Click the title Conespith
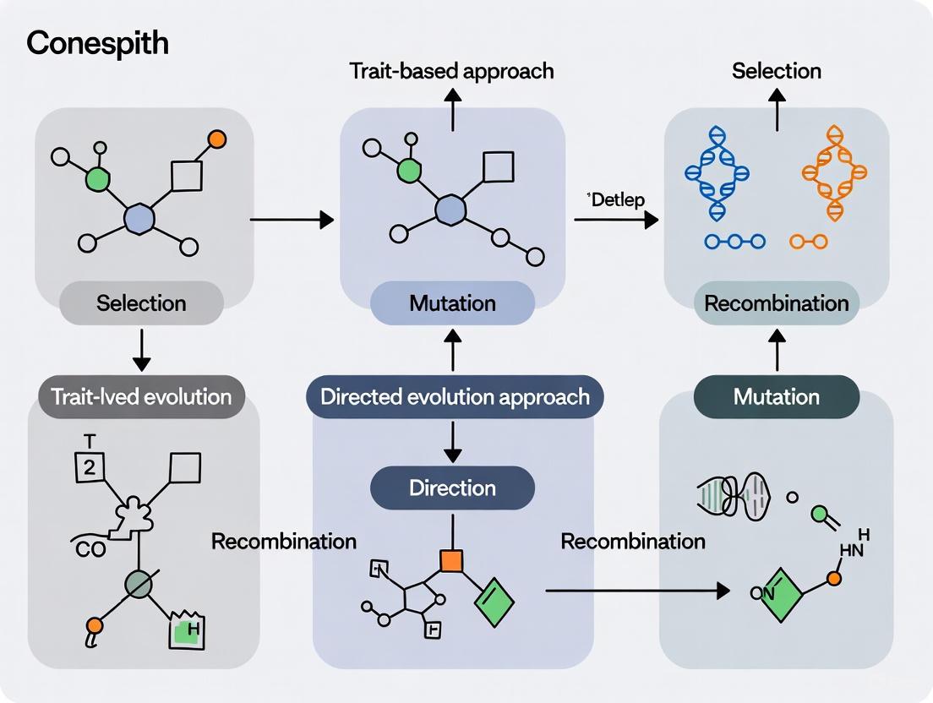[x=97, y=43]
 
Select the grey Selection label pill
[x=141, y=302]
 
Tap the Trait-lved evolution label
[x=141, y=396]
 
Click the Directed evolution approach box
[x=454, y=396]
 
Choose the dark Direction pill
[x=452, y=488]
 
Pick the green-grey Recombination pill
[x=777, y=302]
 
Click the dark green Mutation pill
[x=777, y=396]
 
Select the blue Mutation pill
[x=452, y=302]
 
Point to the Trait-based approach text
[x=452, y=70]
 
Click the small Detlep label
[x=615, y=200]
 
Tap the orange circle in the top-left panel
[x=217, y=139]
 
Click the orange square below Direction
[x=451, y=560]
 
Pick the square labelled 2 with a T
[x=88, y=467]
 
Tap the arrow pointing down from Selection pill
[x=141, y=351]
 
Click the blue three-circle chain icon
[x=734, y=242]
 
